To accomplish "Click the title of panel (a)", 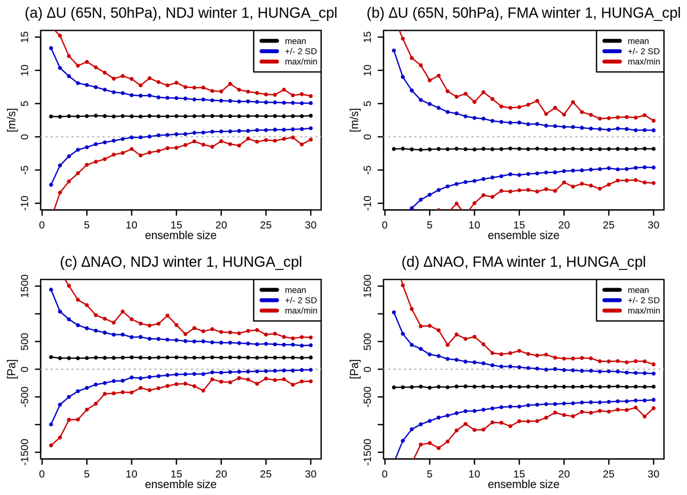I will [x=181, y=13].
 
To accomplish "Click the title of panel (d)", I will [x=523, y=262].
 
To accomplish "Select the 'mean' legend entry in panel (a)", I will [x=295, y=41].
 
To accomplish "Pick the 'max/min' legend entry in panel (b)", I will [x=643, y=62].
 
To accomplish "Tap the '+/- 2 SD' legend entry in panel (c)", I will [x=301, y=300].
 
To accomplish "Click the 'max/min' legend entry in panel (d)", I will [x=643, y=310].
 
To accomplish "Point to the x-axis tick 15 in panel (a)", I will [x=176, y=225].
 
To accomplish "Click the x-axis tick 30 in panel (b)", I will [x=653, y=225].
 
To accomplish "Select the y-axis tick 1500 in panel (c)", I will [x=25, y=286].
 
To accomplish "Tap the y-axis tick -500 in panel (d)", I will [x=367, y=397].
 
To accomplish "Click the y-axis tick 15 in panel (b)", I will [x=367, y=37].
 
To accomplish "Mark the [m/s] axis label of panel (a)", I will [x=12, y=120].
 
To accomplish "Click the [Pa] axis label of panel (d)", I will [x=354, y=369].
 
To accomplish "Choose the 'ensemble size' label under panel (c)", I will [x=180, y=484].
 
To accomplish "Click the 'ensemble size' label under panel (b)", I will [x=523, y=236].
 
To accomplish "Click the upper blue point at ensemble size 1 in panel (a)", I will [x=51, y=48].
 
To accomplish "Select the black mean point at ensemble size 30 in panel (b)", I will [x=654, y=149].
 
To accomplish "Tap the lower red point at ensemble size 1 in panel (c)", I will [x=51, y=445].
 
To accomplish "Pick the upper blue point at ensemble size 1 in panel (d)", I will [x=394, y=312].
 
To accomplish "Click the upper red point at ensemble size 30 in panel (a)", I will [x=311, y=96].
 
